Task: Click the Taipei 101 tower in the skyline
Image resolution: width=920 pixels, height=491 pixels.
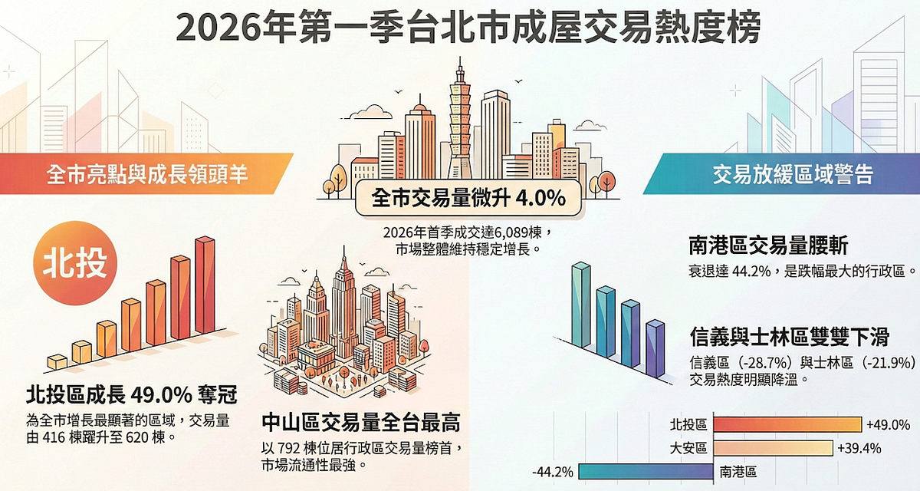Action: point(459,123)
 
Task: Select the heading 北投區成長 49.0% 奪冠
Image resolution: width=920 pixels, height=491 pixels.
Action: point(131,395)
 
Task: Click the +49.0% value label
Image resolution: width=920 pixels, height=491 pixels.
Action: point(888,424)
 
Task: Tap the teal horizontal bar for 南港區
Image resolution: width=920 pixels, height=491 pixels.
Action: point(645,471)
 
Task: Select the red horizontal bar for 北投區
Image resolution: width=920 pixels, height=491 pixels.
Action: point(786,424)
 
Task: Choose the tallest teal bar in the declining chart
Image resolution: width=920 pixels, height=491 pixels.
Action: point(581,303)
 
